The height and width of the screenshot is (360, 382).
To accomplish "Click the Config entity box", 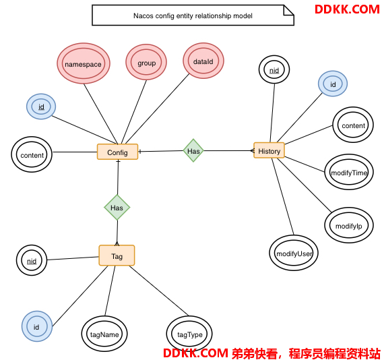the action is click(x=117, y=152).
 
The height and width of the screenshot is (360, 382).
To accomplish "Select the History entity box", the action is click(x=269, y=150).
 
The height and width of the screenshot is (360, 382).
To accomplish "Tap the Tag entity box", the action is click(x=117, y=256).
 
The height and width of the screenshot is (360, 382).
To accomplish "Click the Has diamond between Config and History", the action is click(x=193, y=150).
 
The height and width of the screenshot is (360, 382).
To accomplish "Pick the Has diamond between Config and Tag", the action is click(x=117, y=208).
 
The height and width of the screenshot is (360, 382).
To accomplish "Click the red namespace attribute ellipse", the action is click(x=84, y=63).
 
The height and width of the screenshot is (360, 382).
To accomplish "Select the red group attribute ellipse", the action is click(x=146, y=62).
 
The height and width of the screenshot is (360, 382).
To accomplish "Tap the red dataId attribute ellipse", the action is click(x=203, y=61).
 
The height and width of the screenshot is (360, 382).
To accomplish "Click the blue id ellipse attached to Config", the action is click(x=41, y=107).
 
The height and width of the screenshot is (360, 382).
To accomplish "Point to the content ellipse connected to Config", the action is click(x=32, y=154).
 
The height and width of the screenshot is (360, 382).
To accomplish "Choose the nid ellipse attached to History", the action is click(x=274, y=69).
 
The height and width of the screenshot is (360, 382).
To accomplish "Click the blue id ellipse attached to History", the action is click(x=333, y=84).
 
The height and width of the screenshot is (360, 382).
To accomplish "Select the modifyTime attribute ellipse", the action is click(x=349, y=172).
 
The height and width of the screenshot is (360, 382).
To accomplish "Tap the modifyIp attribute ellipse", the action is click(x=349, y=225).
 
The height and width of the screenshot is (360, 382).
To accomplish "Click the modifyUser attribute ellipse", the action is click(x=294, y=253).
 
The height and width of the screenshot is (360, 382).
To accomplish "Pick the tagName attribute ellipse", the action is click(x=104, y=334).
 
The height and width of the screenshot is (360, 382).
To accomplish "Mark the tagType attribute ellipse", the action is click(x=189, y=334).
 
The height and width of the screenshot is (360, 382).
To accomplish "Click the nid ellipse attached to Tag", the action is click(x=32, y=260).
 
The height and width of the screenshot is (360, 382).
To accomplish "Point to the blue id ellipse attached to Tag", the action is click(x=37, y=326).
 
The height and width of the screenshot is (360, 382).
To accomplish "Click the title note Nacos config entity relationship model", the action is click(x=193, y=16).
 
